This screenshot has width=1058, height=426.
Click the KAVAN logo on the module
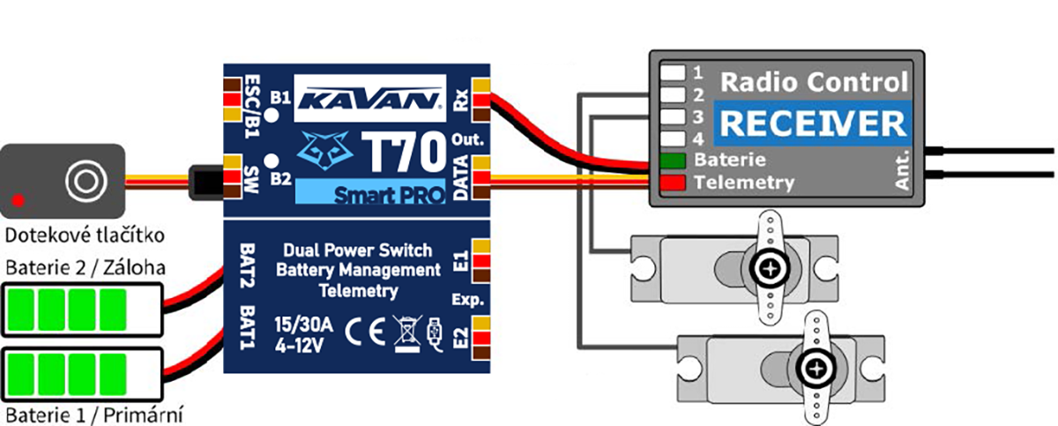[x=368, y=97]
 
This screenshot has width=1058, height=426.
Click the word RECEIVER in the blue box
[x=809, y=124]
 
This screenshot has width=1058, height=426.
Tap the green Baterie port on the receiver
[x=672, y=161]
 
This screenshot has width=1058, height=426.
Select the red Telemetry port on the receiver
[x=672, y=183]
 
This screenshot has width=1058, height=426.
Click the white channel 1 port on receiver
[x=674, y=71]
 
